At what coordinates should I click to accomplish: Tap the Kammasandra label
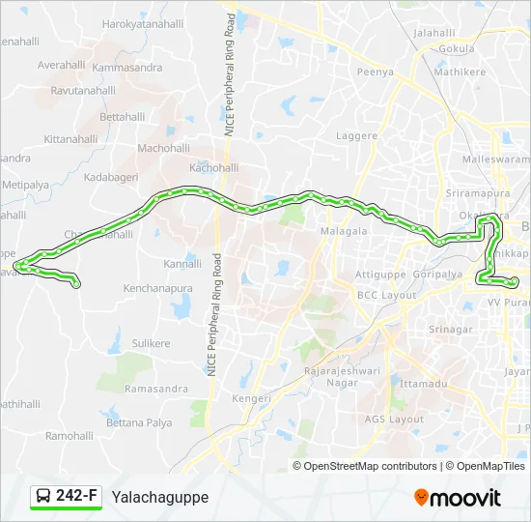pyautogui.click(x=127, y=68)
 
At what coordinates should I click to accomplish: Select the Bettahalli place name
pyautogui.click(x=122, y=116)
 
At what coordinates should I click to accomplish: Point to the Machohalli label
pyautogui.click(x=164, y=148)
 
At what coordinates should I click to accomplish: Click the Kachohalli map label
pyautogui.click(x=213, y=167)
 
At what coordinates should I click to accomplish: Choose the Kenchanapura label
pyautogui.click(x=157, y=288)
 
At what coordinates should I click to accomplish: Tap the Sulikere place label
pyautogui.click(x=151, y=343)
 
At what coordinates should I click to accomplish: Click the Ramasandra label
pyautogui.click(x=156, y=389)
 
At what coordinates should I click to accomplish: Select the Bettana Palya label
pyautogui.click(x=139, y=423)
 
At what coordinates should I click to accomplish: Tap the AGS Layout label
pyautogui.click(x=394, y=419)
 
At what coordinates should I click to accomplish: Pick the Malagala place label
pyautogui.click(x=345, y=232)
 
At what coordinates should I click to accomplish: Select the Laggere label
pyautogui.click(x=356, y=136)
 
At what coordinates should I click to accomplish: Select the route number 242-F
pyautogui.click(x=76, y=496)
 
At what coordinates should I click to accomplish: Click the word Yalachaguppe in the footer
pyautogui.click(x=160, y=497)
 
